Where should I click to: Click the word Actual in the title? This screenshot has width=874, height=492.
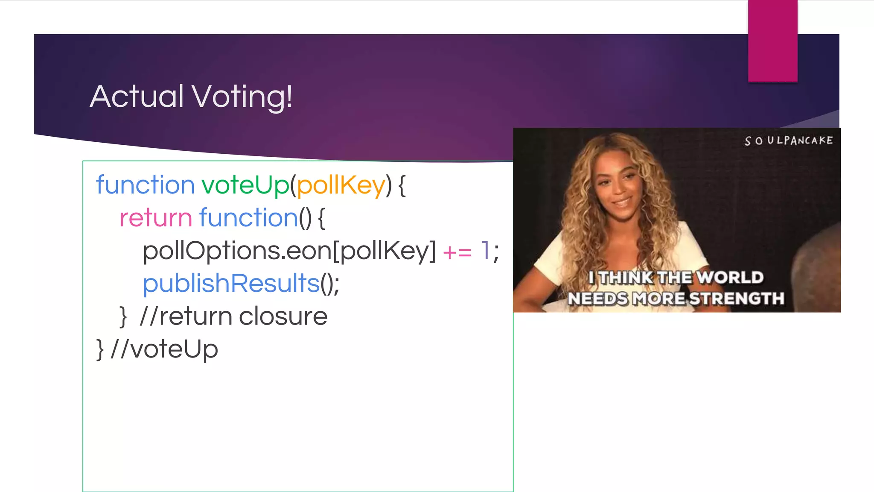(x=137, y=97)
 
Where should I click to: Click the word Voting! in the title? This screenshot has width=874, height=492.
(x=242, y=97)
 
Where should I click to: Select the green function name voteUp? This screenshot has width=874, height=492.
(x=245, y=185)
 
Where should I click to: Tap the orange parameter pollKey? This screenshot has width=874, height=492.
(x=341, y=185)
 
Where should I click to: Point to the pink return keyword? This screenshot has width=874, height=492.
(x=156, y=218)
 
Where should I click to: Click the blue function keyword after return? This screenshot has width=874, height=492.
(x=248, y=218)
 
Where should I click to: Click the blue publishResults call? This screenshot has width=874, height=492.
(x=231, y=284)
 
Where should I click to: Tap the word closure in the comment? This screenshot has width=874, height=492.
(x=283, y=316)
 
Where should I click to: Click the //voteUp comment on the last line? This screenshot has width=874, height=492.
(x=164, y=349)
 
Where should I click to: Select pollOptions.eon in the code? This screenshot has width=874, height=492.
(x=237, y=251)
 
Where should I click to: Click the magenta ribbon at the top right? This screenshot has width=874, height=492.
(x=772, y=41)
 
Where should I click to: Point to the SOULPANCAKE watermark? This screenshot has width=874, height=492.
(x=789, y=141)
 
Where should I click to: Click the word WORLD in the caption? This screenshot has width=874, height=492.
(x=731, y=278)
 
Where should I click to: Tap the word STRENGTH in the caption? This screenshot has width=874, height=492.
(x=737, y=299)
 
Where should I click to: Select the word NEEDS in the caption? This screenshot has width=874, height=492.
(x=597, y=299)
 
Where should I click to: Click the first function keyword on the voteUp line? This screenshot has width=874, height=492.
(x=145, y=185)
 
